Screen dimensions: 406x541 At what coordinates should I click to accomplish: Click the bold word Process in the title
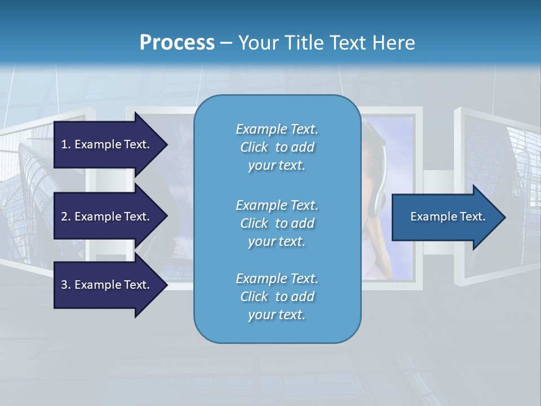click(x=177, y=43)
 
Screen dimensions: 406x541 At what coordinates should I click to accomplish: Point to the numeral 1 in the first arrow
click(x=64, y=144)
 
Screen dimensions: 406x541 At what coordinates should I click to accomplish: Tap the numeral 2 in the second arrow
click(x=64, y=217)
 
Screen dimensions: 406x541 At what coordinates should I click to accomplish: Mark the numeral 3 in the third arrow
click(x=64, y=285)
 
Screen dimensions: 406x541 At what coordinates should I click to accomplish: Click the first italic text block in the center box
click(x=277, y=147)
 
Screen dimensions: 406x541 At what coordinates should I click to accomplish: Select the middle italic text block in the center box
click(x=277, y=223)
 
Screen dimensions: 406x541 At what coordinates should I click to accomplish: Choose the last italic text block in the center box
click(x=277, y=297)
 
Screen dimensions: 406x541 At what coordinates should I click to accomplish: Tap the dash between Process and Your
click(x=226, y=43)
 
